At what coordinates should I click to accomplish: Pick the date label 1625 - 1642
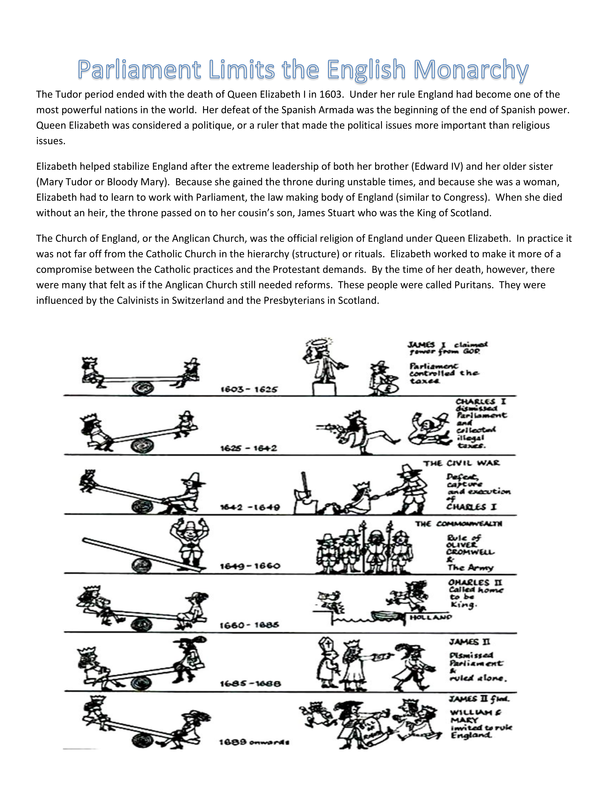pyautogui.click(x=249, y=448)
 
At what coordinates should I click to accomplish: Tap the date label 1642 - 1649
pyautogui.click(x=250, y=507)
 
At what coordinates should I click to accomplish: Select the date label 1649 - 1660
pyautogui.click(x=250, y=566)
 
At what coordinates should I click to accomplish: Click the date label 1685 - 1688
pyautogui.click(x=250, y=684)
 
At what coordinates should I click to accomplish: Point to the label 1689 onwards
pyautogui.click(x=254, y=742)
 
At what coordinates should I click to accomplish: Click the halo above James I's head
pyautogui.click(x=319, y=342)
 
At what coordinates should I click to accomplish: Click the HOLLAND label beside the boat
pyautogui.click(x=430, y=617)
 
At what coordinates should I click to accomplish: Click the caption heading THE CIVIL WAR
pyautogui.click(x=461, y=463)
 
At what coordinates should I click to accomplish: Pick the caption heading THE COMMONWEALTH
pyautogui.click(x=459, y=524)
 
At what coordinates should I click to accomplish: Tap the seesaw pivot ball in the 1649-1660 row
pyautogui.click(x=142, y=565)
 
